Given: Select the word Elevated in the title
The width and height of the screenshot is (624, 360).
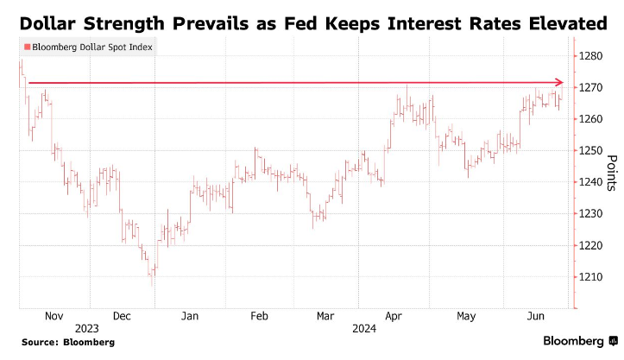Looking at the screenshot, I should pyautogui.click(x=567, y=25).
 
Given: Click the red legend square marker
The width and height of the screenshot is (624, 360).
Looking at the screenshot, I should pyautogui.click(x=28, y=47).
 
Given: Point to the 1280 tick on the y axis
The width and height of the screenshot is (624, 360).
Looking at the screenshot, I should pyautogui.click(x=591, y=56).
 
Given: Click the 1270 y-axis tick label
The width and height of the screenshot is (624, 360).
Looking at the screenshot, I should pyautogui.click(x=591, y=87).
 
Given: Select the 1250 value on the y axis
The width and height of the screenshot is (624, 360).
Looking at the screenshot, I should pyautogui.click(x=591, y=150).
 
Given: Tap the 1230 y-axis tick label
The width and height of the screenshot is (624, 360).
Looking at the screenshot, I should pyautogui.click(x=591, y=213).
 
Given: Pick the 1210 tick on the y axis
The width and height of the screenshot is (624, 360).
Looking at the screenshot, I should pyautogui.click(x=591, y=276).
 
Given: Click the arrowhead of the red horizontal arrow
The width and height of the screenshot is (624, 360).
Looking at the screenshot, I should pyautogui.click(x=558, y=83).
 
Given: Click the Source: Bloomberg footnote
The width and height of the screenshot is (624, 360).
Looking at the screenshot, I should pyautogui.click(x=67, y=343).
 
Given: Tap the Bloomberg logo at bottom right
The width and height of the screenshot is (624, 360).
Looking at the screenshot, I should pyautogui.click(x=574, y=341).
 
